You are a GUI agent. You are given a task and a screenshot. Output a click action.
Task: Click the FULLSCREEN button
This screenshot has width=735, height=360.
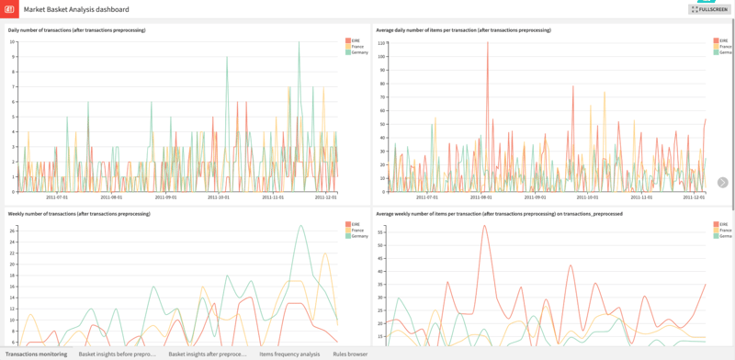click(709, 9)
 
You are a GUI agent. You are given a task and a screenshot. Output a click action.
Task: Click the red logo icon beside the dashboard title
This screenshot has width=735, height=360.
click(9, 9)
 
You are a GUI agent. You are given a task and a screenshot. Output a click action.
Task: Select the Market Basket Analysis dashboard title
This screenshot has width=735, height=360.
click(76, 9)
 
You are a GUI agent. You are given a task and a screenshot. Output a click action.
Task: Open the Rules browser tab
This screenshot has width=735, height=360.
click(350, 354)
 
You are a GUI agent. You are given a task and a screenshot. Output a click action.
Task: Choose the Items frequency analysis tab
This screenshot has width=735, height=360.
click(289, 354)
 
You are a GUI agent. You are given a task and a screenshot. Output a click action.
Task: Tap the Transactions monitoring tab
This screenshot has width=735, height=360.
click(37, 354)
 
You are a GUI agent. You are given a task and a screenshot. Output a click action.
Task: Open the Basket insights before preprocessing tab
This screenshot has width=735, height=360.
click(117, 354)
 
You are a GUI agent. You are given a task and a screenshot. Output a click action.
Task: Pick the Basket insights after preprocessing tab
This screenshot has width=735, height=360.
click(208, 354)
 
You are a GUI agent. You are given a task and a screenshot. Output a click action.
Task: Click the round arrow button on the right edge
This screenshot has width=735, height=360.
click(723, 183)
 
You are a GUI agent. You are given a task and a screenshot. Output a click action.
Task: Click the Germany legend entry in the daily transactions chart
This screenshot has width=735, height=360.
click(357, 52)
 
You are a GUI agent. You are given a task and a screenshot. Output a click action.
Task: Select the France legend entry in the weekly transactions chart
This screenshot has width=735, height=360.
click(356, 230)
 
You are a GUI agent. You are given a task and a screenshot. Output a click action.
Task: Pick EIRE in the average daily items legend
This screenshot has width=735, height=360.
click(723, 40)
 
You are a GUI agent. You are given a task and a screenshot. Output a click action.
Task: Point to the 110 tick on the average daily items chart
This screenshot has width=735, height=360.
click(381, 42)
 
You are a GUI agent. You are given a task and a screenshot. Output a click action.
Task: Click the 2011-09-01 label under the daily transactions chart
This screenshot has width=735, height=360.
click(165, 197)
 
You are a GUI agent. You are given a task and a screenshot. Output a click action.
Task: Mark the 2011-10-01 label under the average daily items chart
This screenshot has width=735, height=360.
click(587, 197)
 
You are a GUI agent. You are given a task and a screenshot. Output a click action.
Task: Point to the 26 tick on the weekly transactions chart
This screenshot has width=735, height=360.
click(12, 231)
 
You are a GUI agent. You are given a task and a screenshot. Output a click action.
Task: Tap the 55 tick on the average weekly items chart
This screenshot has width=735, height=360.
click(381, 232)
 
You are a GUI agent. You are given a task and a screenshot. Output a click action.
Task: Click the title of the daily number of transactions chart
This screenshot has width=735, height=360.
click(78, 30)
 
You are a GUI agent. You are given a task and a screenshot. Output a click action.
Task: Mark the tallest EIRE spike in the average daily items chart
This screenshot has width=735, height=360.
click(488, 44)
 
